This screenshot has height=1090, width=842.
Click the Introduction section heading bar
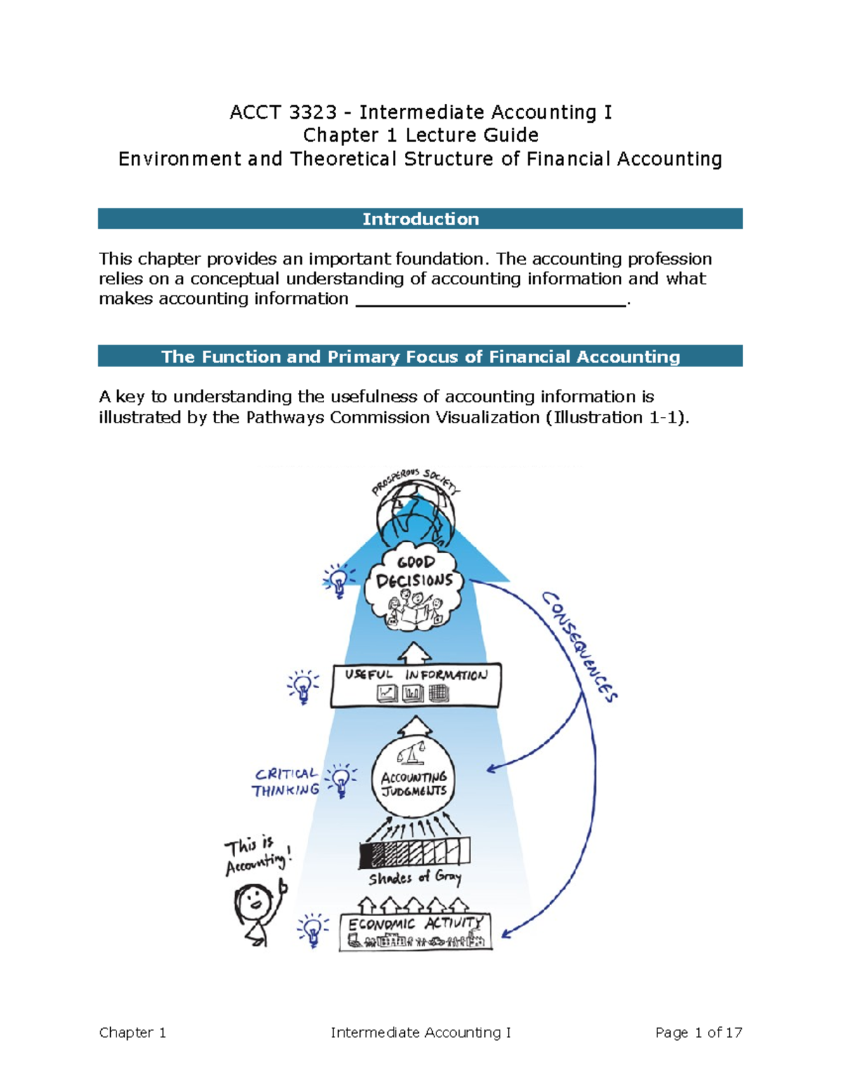coord(420,219)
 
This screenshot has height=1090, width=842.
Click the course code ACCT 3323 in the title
coord(283,112)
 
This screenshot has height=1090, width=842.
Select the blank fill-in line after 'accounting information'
coord(491,300)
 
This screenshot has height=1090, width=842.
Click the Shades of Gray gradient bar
coord(414,852)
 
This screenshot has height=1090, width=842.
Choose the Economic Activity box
coord(415,931)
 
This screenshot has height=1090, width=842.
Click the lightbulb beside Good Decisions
coord(339,580)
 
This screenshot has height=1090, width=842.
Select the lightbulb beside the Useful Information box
coord(303,686)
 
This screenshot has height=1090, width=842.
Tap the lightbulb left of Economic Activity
coord(313,930)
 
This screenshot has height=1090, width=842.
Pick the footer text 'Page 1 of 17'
coord(698,1032)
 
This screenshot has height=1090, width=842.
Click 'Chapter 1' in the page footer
coord(133,1032)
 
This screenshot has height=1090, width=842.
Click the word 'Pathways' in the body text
coord(286,418)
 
